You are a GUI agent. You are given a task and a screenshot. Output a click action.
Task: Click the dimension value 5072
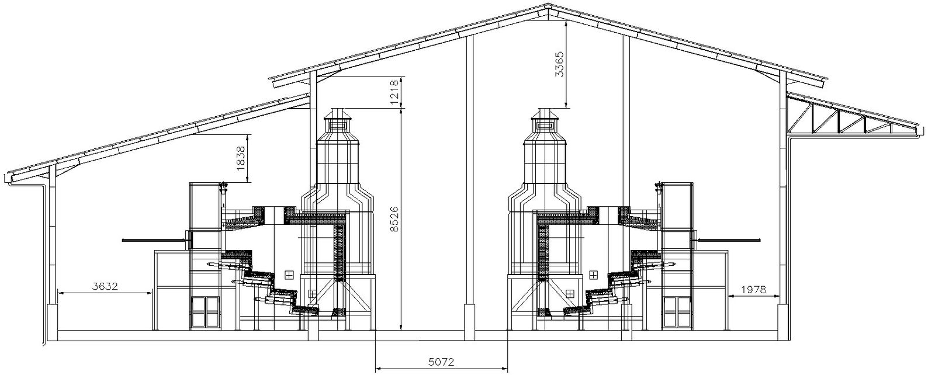click(441, 362)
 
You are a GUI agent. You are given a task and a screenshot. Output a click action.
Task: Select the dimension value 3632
click(105, 287)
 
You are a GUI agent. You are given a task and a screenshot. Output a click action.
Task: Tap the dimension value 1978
click(754, 290)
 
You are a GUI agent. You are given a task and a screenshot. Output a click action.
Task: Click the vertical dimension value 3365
click(559, 64)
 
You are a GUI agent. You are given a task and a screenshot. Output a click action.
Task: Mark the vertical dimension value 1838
click(241, 158)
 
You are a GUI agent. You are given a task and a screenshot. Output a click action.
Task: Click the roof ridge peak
click(549, 5)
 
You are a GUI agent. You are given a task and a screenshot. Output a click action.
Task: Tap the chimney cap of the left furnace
click(338, 114)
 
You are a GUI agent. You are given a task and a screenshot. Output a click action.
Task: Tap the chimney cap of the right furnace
click(544, 114)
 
